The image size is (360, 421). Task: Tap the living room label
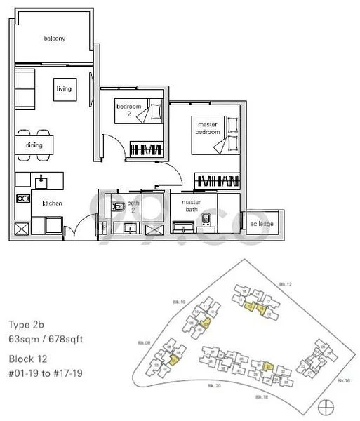64,89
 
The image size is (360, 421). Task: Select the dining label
34,145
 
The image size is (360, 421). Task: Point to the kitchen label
53,203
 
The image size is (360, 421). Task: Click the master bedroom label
207,128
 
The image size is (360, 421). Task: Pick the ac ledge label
262,223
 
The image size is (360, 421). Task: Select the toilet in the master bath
205,221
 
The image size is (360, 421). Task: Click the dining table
34,145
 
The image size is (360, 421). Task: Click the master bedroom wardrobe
217,180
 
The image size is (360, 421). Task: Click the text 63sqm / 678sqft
46,340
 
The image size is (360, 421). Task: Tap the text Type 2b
29,325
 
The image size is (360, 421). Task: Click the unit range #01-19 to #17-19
46,373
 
